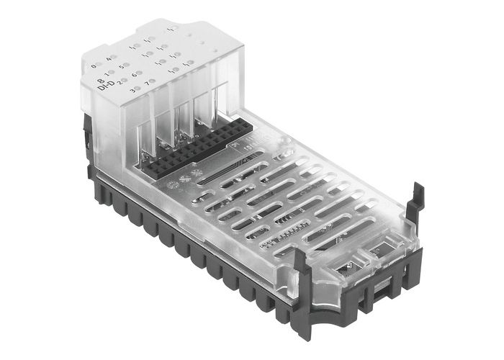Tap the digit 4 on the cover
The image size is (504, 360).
[109, 58]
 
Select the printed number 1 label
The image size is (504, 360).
[107, 72]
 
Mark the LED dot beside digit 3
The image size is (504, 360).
[139, 90]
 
